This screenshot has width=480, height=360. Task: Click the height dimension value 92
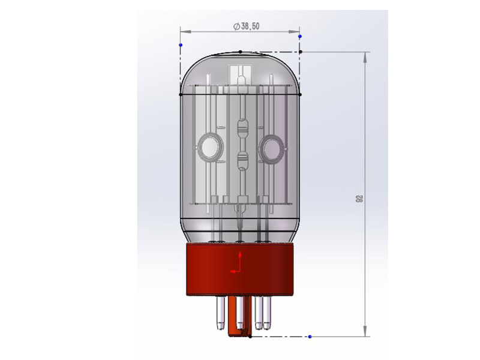(x=359, y=199)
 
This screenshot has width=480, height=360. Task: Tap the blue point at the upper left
(x=181, y=45)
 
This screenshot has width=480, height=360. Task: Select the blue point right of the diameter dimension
(x=300, y=37)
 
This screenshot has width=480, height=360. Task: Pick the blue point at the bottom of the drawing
(x=310, y=337)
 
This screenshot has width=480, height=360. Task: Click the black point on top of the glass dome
(x=241, y=52)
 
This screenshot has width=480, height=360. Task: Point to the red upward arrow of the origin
(x=241, y=260)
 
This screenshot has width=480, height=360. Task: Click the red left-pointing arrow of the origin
(x=235, y=271)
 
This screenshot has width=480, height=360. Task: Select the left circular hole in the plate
(x=210, y=147)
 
